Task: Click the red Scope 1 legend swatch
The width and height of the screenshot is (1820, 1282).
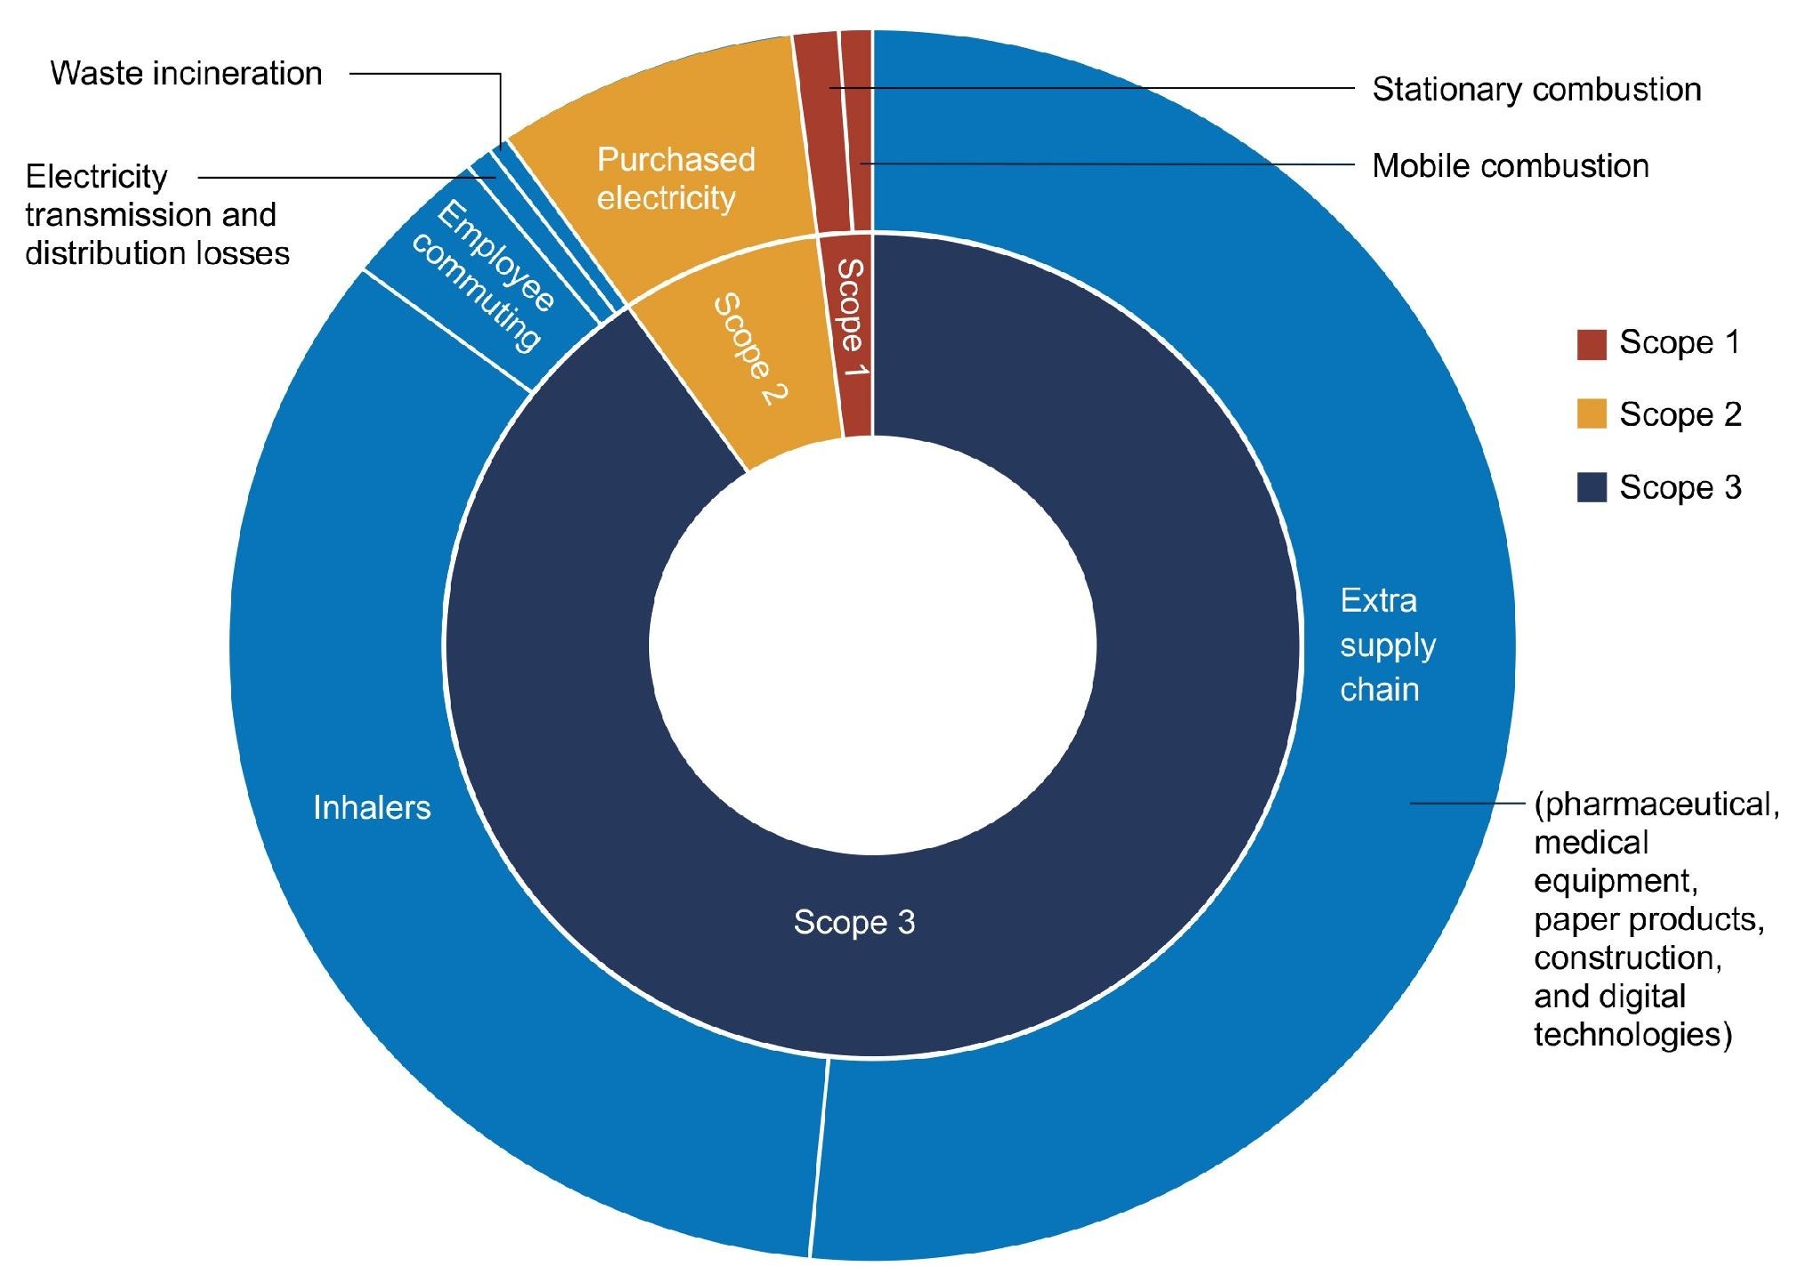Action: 1591,344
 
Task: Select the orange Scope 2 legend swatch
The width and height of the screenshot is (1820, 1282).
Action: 1591,414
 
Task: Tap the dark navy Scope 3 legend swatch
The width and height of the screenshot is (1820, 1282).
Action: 1591,487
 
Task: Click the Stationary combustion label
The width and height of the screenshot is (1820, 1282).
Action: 1536,90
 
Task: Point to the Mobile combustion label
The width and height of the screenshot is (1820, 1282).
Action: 1511,166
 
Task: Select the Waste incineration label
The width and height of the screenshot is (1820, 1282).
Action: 186,74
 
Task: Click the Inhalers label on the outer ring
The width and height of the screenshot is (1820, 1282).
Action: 372,807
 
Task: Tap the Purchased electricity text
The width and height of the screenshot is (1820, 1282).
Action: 676,179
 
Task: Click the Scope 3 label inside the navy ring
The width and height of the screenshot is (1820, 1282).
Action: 854,922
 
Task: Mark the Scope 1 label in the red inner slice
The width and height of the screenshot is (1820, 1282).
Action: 851,317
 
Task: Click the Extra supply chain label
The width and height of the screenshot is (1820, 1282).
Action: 1388,645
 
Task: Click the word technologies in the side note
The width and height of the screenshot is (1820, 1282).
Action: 1633,1034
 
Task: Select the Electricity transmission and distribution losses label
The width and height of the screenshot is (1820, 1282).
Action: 157,214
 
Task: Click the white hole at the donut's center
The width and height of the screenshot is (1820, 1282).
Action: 873,645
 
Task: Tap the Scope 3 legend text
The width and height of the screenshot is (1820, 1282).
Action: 1680,487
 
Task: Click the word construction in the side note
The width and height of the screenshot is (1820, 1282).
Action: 1628,957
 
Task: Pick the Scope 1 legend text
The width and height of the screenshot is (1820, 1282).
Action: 1680,343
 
